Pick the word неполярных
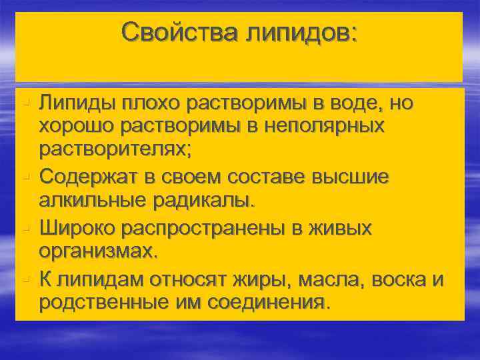coord(324,125)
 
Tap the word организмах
coord(99,251)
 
